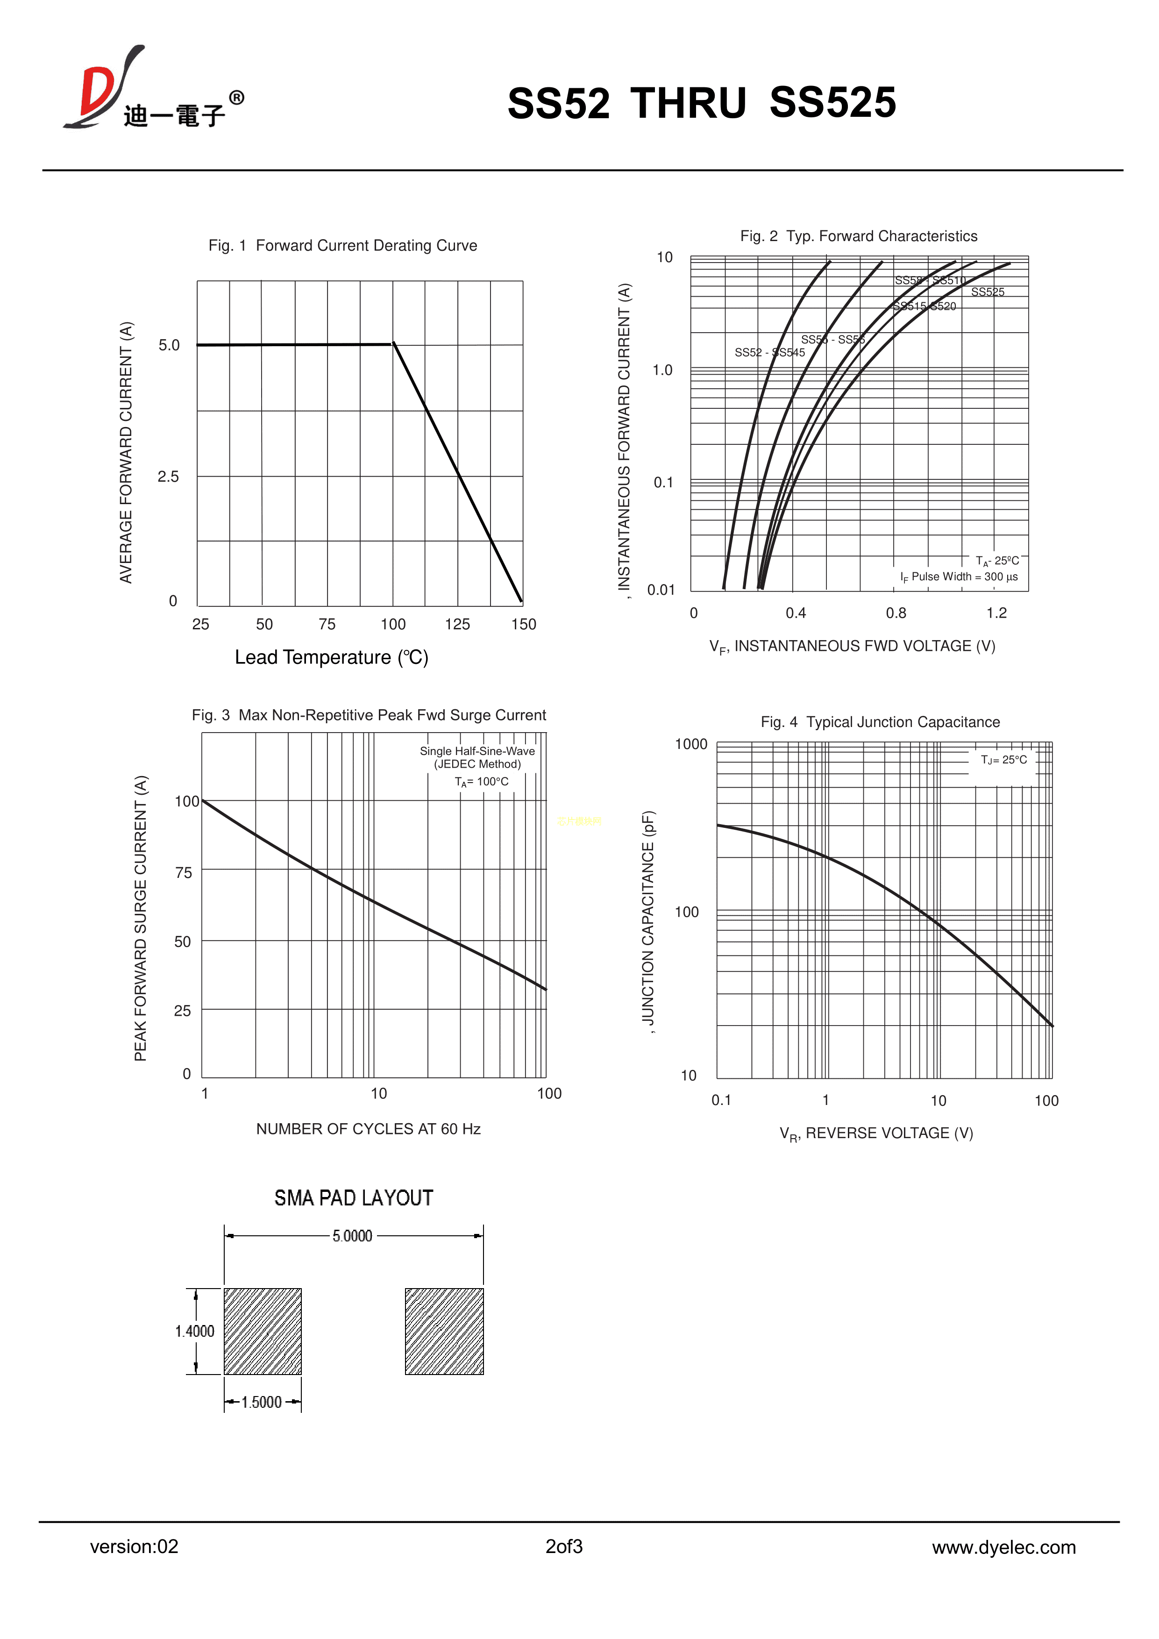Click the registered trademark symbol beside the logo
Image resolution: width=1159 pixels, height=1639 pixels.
(x=236, y=98)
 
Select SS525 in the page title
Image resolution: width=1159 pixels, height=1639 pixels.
(x=832, y=103)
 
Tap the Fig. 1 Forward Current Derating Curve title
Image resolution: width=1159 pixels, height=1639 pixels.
(x=342, y=246)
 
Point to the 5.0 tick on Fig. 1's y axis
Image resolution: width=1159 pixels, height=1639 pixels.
(x=169, y=345)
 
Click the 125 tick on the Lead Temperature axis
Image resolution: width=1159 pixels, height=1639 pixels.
(x=457, y=625)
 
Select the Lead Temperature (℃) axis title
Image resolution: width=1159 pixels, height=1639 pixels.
(x=331, y=657)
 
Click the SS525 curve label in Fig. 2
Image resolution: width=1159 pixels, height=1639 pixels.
(x=987, y=292)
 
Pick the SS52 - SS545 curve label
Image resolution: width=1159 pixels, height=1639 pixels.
(x=769, y=353)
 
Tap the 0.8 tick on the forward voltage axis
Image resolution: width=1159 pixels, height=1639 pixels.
(x=896, y=613)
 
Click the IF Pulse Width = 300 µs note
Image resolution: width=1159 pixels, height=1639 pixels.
(x=959, y=577)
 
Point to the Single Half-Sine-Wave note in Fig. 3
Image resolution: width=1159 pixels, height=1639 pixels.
(x=477, y=751)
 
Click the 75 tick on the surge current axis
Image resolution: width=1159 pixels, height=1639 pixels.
(x=184, y=872)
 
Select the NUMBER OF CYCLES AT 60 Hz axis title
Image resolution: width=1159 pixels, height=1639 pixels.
(x=368, y=1129)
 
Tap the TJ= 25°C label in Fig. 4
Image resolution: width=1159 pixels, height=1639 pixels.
(x=1003, y=760)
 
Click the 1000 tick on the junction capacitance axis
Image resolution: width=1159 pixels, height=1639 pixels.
(x=691, y=745)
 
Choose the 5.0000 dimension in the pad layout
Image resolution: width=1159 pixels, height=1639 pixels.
(x=353, y=1236)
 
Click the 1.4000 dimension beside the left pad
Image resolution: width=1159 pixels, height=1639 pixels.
(x=195, y=1331)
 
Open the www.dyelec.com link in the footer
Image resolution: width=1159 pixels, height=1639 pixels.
(x=1003, y=1547)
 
